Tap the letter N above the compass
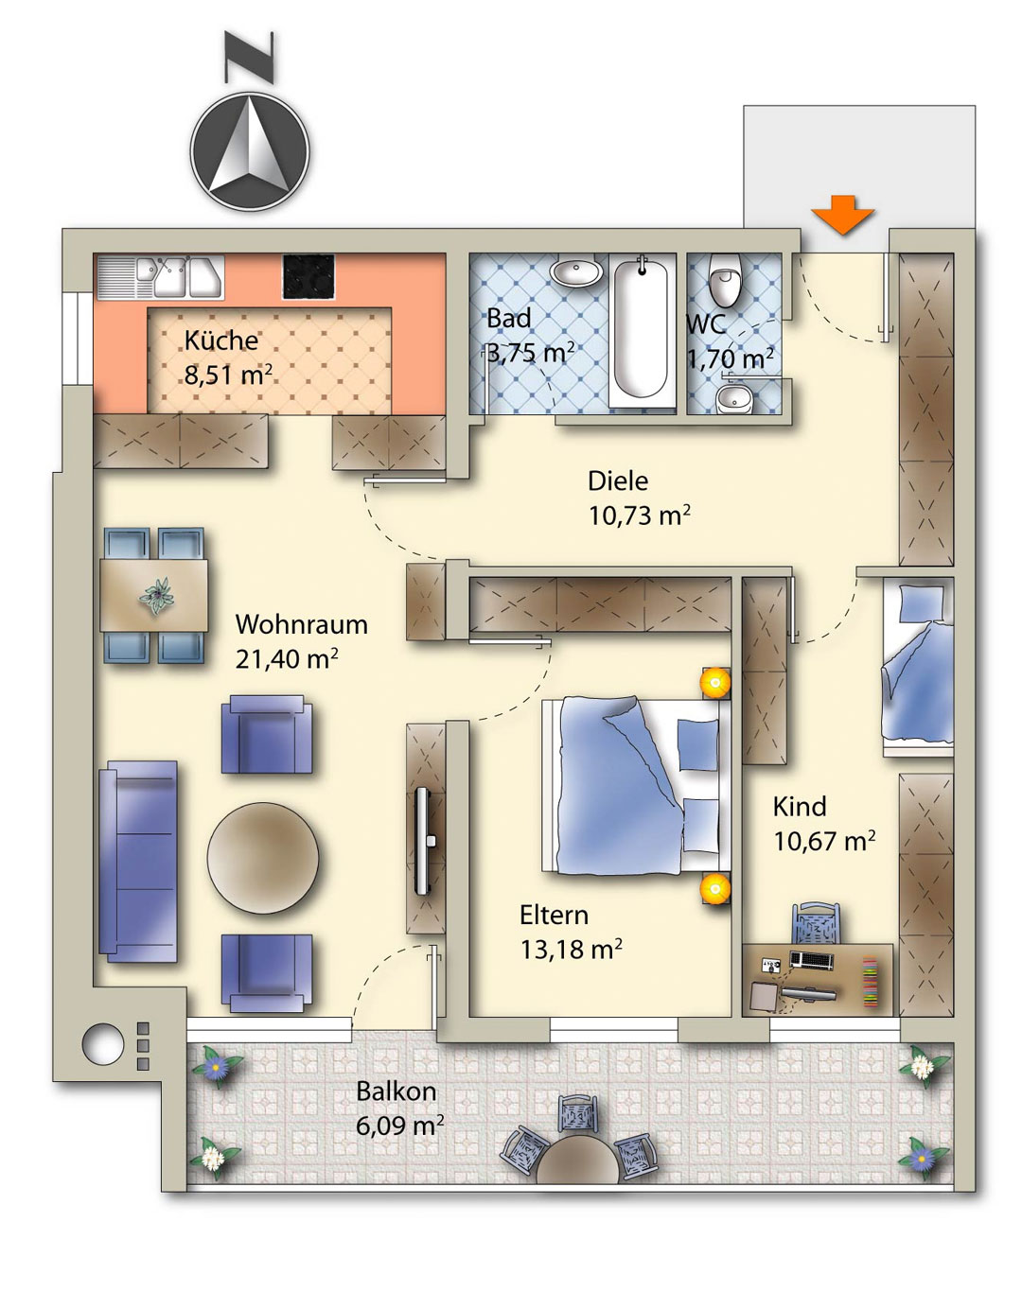(x=249, y=57)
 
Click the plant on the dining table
(x=157, y=596)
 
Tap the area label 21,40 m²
(x=286, y=659)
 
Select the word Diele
(x=618, y=480)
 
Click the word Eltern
(x=554, y=916)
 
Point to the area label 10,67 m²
(x=823, y=841)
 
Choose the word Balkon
(x=396, y=1091)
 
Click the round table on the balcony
(x=577, y=1158)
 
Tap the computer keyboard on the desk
(x=812, y=959)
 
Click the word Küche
(x=221, y=340)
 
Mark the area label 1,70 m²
(x=730, y=358)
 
